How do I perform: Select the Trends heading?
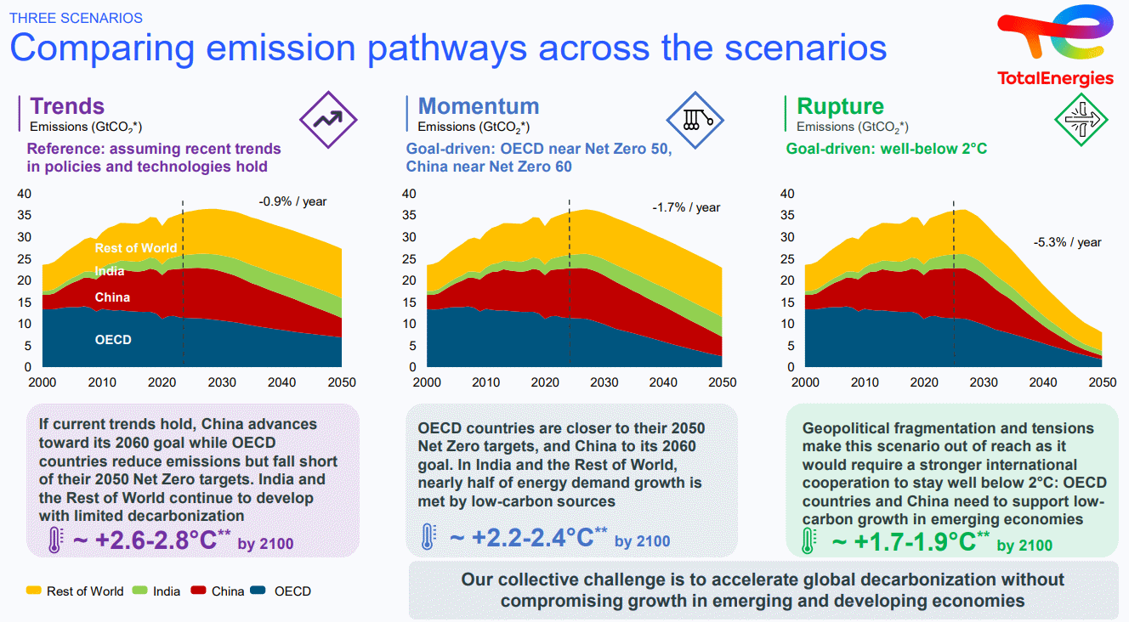pyautogui.click(x=67, y=106)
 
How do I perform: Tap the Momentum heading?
pyautogui.click(x=479, y=106)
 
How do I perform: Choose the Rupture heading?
pyautogui.click(x=840, y=106)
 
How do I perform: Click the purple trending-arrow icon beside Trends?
pyautogui.click(x=327, y=119)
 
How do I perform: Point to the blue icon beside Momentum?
pyautogui.click(x=695, y=119)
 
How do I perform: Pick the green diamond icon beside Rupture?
pyautogui.click(x=1081, y=119)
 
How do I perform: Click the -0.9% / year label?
pyautogui.click(x=292, y=201)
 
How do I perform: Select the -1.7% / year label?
pyautogui.click(x=686, y=207)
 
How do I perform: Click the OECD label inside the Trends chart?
pyautogui.click(x=113, y=340)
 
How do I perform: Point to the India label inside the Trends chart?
pyautogui.click(x=110, y=271)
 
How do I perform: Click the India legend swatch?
pyautogui.click(x=139, y=591)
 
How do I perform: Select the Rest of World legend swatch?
pyautogui.click(x=33, y=591)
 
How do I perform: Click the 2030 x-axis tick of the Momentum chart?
pyautogui.click(x=604, y=383)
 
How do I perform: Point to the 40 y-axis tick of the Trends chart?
pyautogui.click(x=25, y=194)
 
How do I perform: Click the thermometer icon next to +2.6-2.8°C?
pyautogui.click(x=55, y=540)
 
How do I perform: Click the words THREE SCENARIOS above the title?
pyautogui.click(x=76, y=18)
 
